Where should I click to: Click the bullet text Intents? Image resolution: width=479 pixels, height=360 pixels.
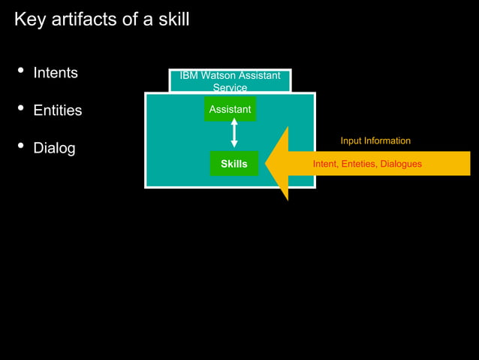[56, 73]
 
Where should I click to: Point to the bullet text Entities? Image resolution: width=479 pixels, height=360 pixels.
[58, 110]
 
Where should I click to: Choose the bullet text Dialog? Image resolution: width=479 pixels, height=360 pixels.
[54, 148]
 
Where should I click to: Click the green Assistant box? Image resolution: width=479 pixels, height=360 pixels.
[230, 110]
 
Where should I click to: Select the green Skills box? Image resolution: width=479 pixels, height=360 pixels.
[233, 164]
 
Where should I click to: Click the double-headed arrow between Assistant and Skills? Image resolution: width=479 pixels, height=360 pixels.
[233, 133]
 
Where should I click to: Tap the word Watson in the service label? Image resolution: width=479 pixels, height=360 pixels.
[218, 75]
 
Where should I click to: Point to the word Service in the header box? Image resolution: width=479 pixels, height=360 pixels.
[230, 87]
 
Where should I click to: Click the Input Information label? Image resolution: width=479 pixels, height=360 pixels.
[375, 141]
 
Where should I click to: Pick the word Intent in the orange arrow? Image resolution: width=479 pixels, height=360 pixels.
[324, 164]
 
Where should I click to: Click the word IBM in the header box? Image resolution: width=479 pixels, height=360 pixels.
[189, 75]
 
